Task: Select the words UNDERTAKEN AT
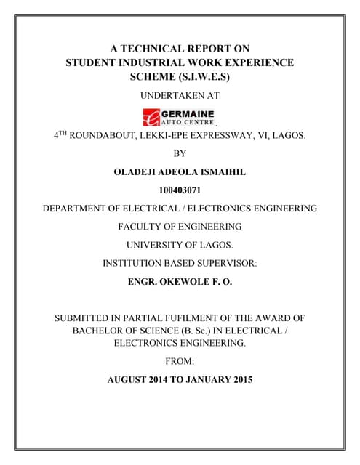click(180, 95)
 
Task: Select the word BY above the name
click(180, 153)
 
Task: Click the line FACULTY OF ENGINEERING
click(180, 227)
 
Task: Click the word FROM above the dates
click(180, 360)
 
